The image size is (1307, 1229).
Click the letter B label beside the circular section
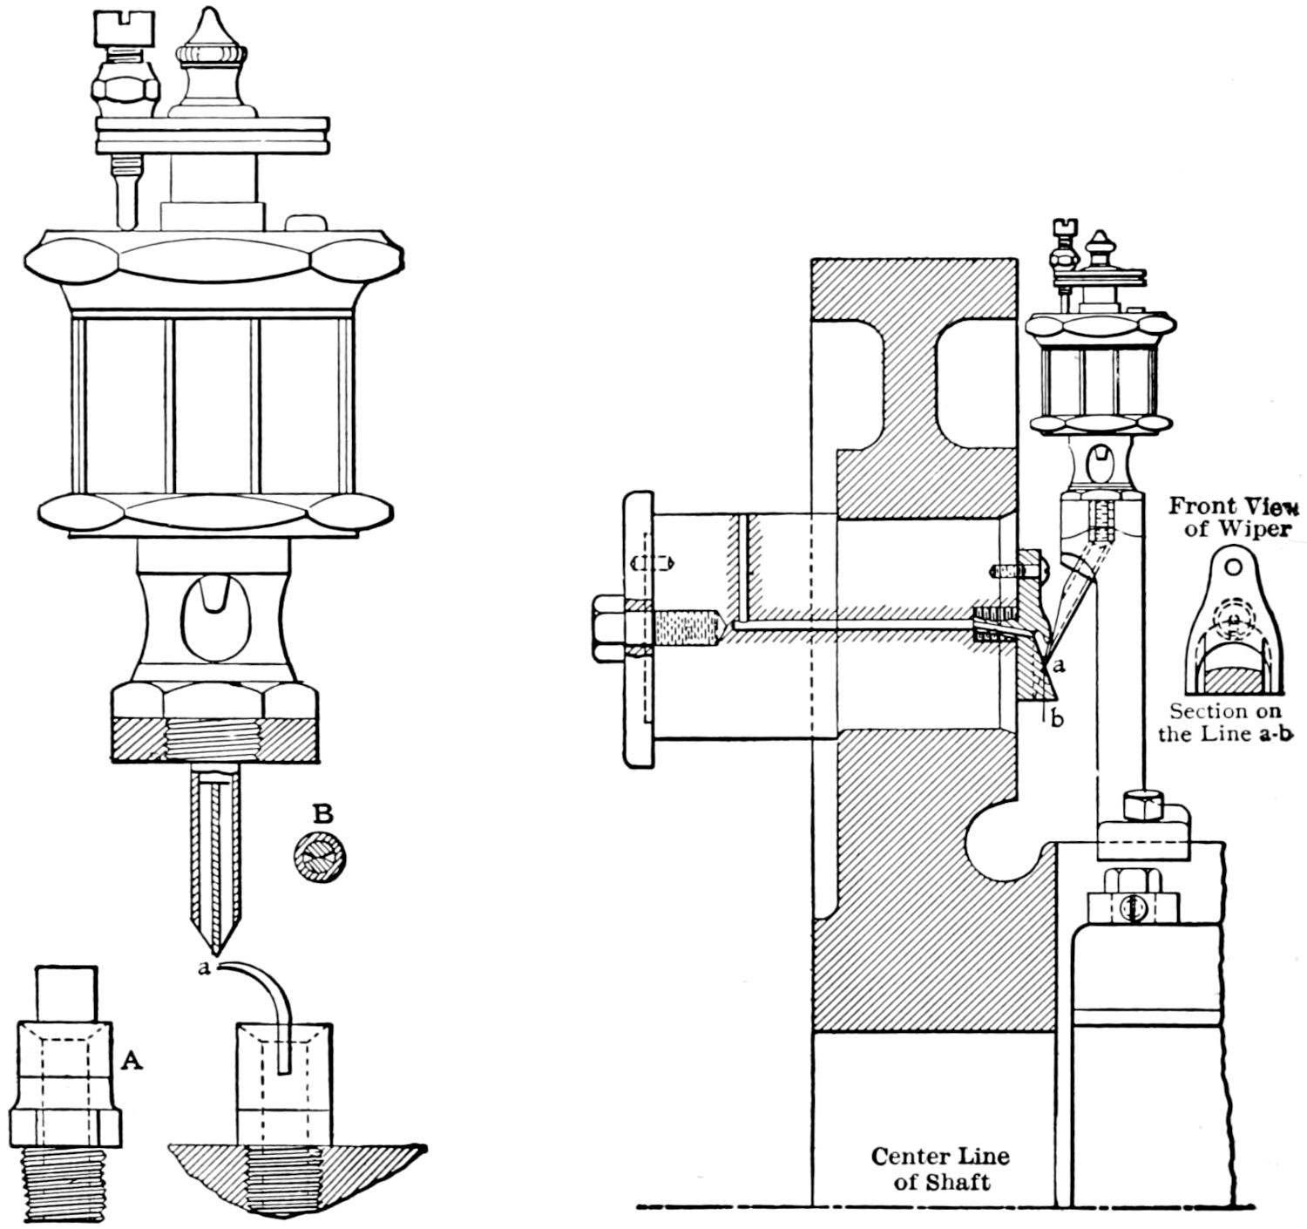[323, 814]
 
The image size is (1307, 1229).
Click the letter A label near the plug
[132, 1059]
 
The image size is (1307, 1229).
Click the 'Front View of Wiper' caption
[1233, 517]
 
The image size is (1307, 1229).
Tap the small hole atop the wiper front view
[1232, 567]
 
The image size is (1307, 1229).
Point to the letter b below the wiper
[1057, 719]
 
